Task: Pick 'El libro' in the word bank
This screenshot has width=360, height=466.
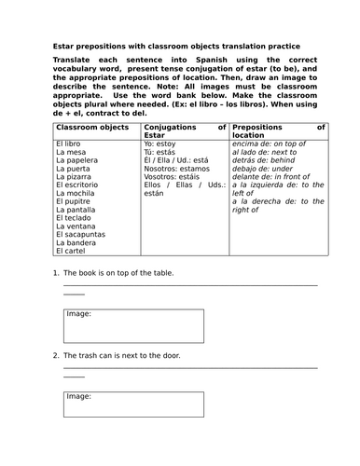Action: tap(70, 146)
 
